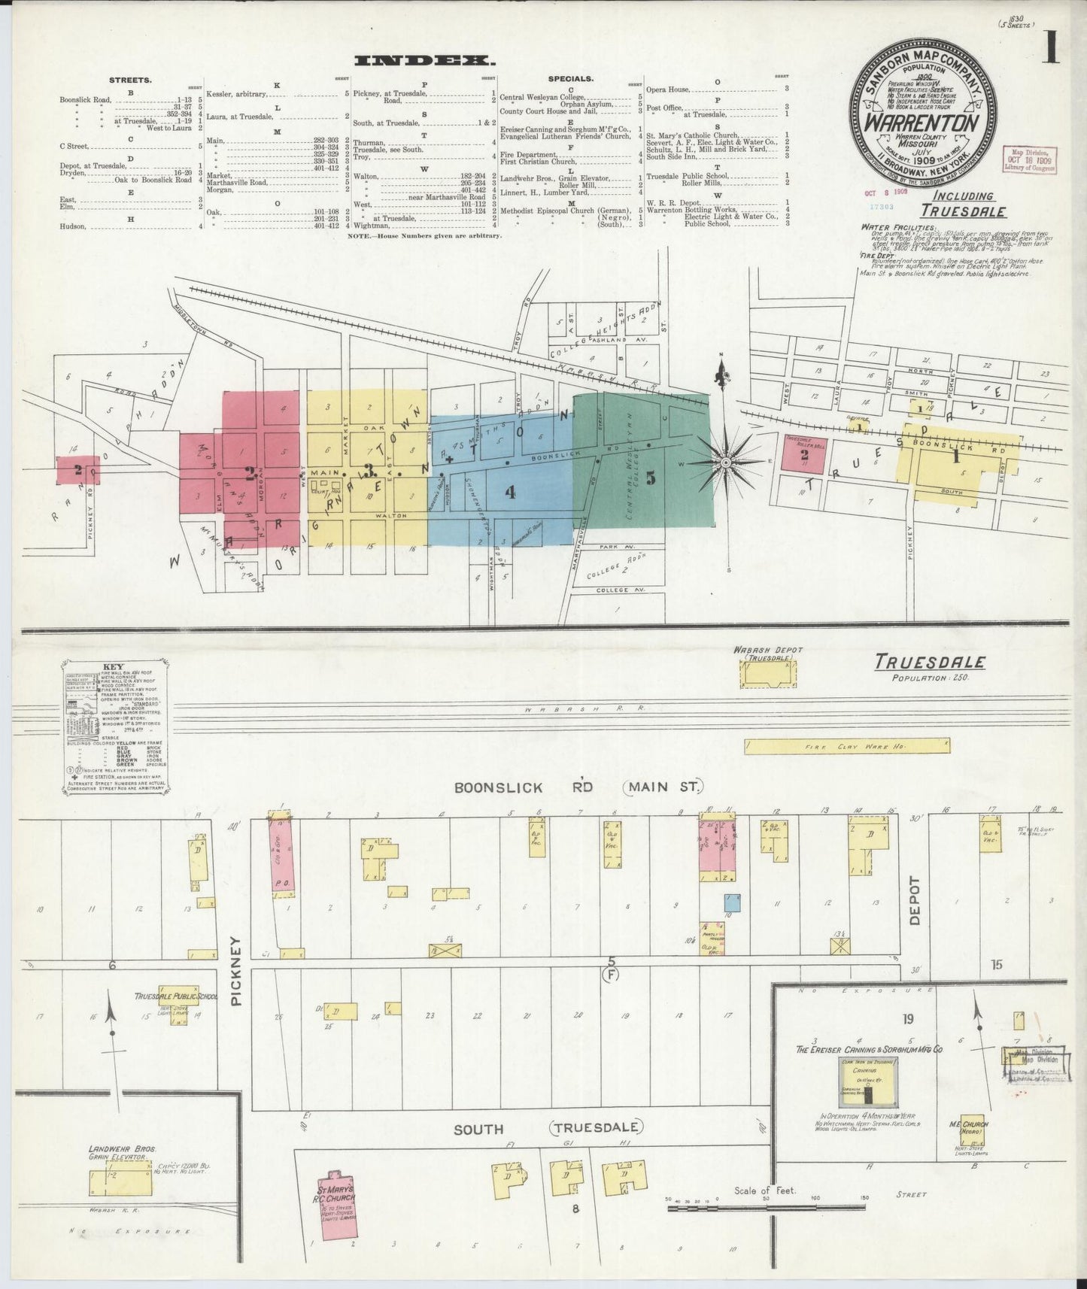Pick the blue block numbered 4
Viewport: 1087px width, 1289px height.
point(511,493)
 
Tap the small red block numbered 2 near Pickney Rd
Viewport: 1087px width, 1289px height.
point(77,471)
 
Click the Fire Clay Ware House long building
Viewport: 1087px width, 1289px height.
point(847,746)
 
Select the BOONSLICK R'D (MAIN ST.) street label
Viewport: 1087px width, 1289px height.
point(578,787)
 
